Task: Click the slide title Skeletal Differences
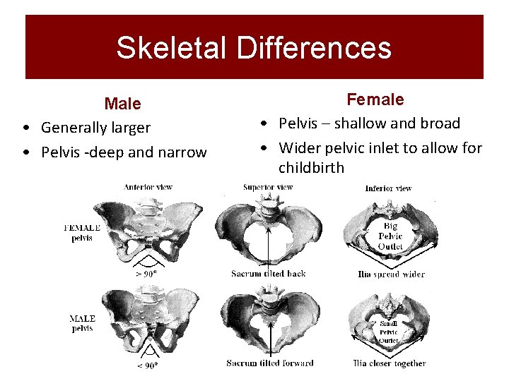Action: [254, 47]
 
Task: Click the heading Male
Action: [122, 104]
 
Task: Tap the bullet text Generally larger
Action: [95, 128]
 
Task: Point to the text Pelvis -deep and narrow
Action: [124, 152]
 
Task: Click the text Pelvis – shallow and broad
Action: [369, 123]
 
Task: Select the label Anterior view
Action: [148, 187]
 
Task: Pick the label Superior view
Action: [268, 187]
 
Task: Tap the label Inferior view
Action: [388, 188]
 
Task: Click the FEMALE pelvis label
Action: [82, 233]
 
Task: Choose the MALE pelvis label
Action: [83, 323]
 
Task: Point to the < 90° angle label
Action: [148, 365]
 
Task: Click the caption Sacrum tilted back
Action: [269, 273]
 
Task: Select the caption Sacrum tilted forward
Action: [270, 363]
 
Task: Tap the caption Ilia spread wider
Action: [390, 274]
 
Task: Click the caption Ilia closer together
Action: [390, 363]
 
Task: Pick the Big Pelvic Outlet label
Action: [390, 236]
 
